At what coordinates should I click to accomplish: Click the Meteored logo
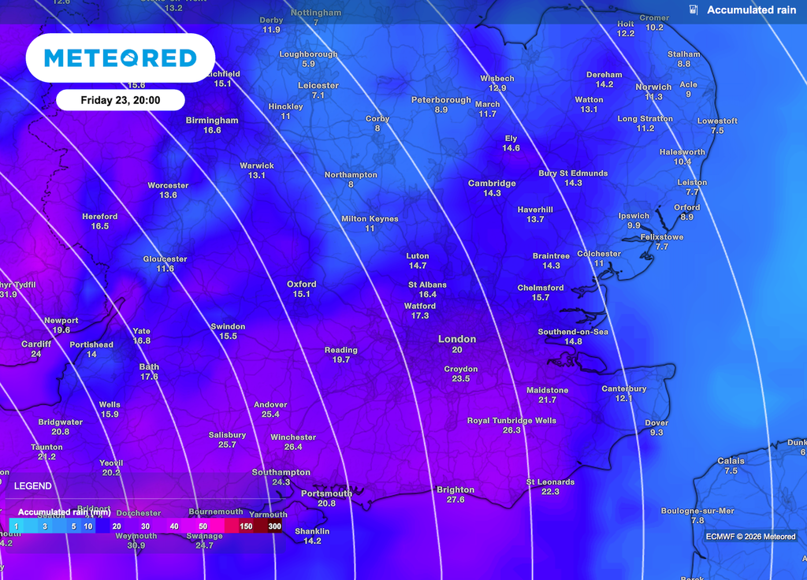120,58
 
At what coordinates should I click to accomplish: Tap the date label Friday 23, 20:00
121,100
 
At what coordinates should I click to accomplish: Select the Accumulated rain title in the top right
751,10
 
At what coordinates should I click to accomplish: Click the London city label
457,339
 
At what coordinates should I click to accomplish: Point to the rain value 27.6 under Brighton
456,500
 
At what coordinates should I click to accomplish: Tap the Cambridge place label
492,184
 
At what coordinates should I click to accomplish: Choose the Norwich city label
653,87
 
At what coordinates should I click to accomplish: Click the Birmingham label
211,121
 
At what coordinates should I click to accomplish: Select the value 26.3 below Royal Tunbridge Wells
511,430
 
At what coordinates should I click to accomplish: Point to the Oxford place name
302,284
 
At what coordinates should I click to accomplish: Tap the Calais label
731,461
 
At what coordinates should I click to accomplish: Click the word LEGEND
33,486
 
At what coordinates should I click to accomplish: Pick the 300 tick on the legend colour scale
275,526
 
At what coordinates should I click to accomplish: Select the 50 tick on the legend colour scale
203,526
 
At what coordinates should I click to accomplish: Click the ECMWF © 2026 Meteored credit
750,537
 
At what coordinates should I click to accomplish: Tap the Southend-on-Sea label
572,332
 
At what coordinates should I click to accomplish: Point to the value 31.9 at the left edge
9,295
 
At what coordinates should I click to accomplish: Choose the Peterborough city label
441,100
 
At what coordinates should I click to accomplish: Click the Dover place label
656,423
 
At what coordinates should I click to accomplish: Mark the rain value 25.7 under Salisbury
227,444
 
